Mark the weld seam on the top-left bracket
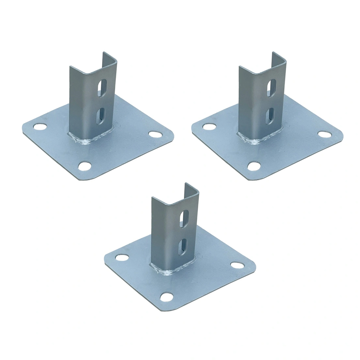click(x=87, y=141)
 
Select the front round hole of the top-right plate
click(x=253, y=166)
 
